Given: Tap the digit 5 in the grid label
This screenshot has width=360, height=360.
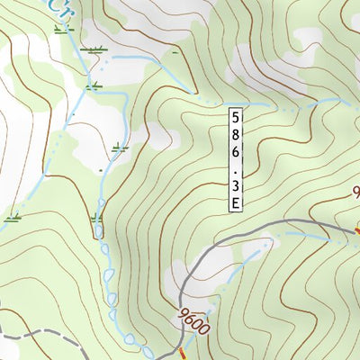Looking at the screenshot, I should [235, 118].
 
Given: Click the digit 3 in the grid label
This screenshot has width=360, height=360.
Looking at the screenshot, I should [235, 187].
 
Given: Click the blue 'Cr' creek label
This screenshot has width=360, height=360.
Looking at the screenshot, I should [61, 9].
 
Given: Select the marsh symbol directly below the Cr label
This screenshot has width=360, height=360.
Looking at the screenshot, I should [61, 30].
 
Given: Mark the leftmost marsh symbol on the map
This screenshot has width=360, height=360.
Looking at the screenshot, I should [12, 217].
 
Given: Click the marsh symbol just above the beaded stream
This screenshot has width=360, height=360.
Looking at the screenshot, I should [96, 218].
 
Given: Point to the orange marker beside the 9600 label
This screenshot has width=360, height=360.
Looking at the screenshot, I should [181, 350].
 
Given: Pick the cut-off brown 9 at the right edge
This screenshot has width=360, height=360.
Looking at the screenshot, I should [355, 192].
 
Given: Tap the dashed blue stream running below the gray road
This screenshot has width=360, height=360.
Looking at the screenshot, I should [306, 236].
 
